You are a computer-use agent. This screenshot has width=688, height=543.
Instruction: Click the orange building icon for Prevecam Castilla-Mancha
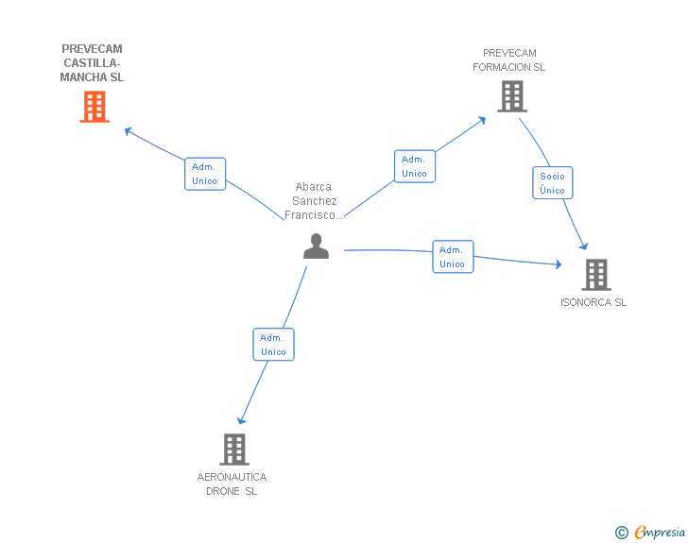[x=94, y=107]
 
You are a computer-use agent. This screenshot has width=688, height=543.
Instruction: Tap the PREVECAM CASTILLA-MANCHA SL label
[x=92, y=63]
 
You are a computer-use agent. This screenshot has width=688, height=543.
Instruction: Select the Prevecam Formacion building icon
[x=511, y=96]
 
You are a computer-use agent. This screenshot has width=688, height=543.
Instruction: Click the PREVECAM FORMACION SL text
[x=509, y=60]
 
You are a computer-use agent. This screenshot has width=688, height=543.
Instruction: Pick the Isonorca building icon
[x=595, y=274]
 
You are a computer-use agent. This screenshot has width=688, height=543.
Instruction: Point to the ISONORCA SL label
[x=593, y=303]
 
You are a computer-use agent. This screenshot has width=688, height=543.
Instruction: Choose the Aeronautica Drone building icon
[x=233, y=449]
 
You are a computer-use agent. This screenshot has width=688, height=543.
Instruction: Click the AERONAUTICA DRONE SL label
[x=232, y=484]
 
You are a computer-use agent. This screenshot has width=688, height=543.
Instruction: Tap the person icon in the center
[x=316, y=246]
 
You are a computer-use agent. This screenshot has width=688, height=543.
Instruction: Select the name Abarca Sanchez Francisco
[x=314, y=201]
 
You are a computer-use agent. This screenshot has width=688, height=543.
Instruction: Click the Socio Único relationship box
[x=552, y=183]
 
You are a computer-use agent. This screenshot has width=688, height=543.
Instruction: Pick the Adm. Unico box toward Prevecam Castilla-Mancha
[x=205, y=174]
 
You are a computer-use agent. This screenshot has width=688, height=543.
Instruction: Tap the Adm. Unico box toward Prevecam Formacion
[x=415, y=166]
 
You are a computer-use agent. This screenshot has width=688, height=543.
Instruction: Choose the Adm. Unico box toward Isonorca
[x=453, y=257]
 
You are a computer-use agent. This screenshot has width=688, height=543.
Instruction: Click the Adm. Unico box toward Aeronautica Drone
[x=273, y=345]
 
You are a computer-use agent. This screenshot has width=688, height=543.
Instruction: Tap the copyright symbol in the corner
[x=621, y=533]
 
